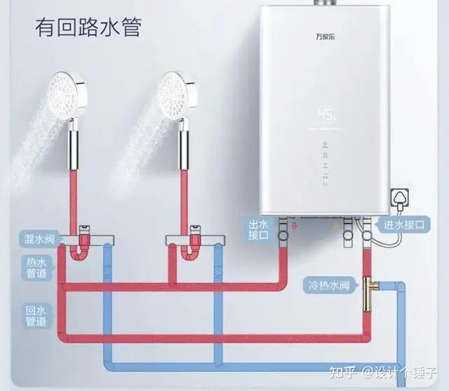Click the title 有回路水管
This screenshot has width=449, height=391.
[x=88, y=29]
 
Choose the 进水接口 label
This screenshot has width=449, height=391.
[x=404, y=225]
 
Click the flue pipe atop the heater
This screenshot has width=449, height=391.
[x=324, y=3]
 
